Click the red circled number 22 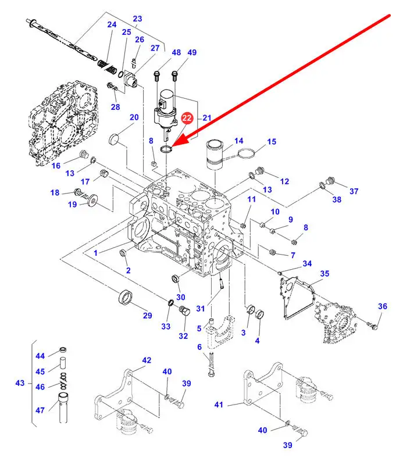(x=187, y=119)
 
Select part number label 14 (x=238, y=141)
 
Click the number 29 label (x=147, y=316)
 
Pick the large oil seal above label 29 (x=125, y=298)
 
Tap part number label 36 (x=382, y=306)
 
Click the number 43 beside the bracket (x=20, y=383)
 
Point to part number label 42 (x=146, y=360)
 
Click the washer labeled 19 (x=92, y=201)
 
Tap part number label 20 (x=134, y=118)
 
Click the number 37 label (x=354, y=191)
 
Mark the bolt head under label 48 (x=157, y=75)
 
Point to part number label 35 (x=324, y=273)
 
